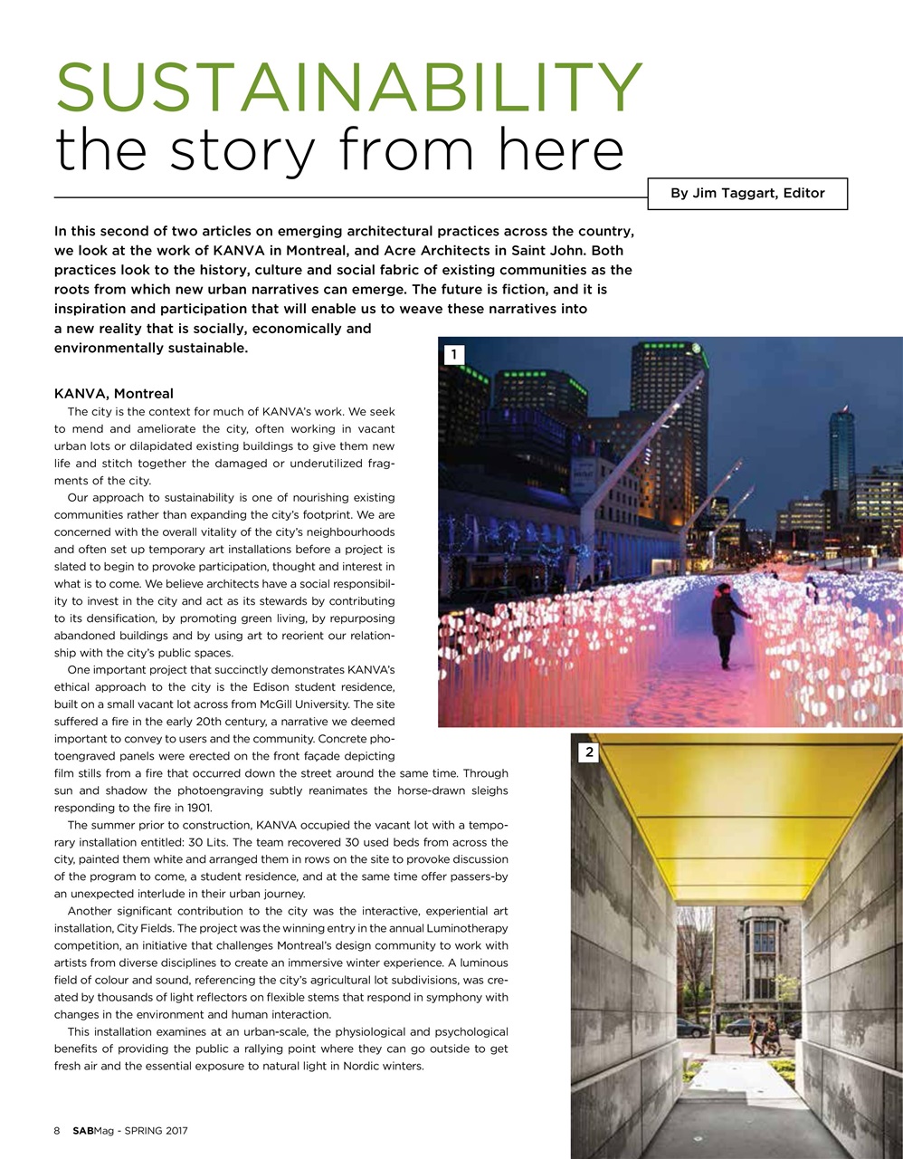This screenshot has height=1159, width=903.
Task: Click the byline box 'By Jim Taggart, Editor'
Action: point(747,193)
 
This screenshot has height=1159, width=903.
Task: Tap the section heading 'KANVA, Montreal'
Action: point(114,394)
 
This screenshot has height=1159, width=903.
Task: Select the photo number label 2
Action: point(589,752)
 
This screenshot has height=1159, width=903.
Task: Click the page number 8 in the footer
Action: point(57,1130)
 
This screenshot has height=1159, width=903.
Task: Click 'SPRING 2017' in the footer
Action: point(156,1130)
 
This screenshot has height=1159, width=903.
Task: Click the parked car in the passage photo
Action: point(692,1029)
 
